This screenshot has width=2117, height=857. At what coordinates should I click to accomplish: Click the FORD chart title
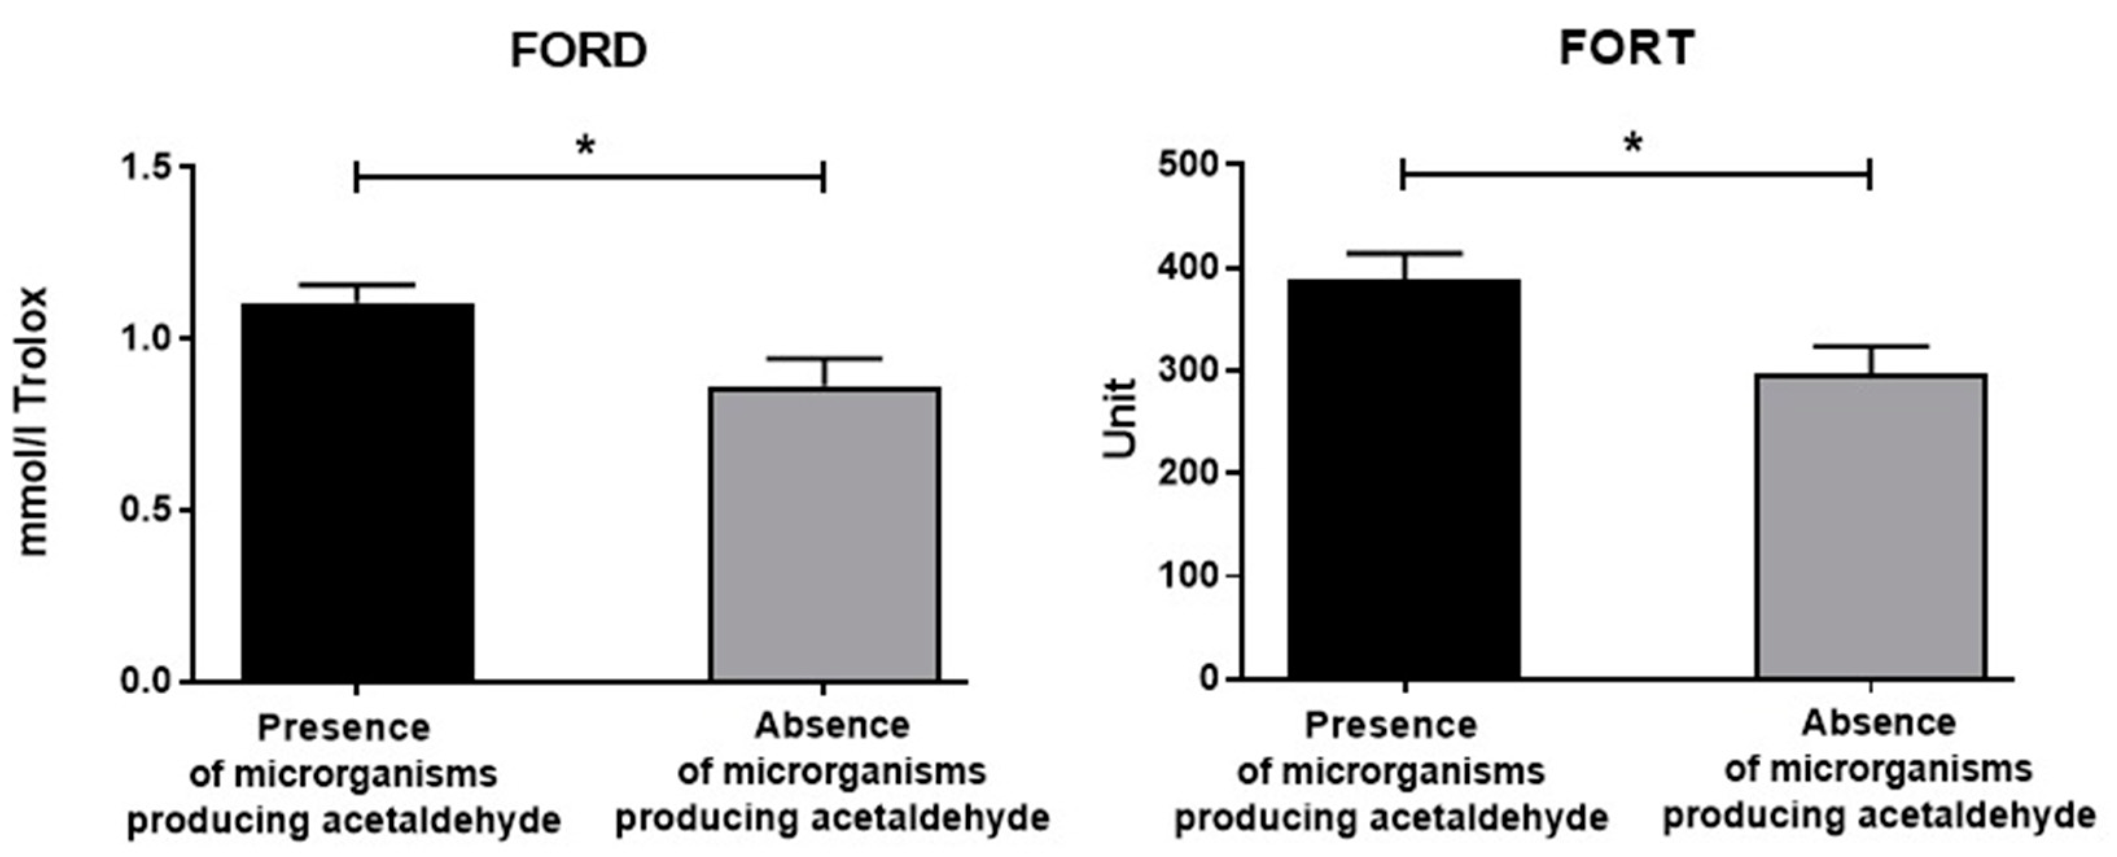579,51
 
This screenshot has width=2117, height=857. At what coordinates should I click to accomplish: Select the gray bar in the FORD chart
824,534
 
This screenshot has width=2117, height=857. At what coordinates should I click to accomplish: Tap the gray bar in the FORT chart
1871,526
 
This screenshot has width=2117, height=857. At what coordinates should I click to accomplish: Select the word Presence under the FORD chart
343,728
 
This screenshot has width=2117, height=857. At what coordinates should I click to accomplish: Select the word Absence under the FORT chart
1878,723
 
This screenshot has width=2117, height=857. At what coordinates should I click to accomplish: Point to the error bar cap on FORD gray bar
824,358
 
